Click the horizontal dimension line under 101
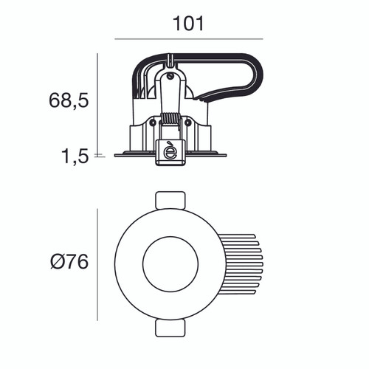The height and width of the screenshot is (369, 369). [x=188, y=39]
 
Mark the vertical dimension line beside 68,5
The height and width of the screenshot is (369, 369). [x=98, y=103]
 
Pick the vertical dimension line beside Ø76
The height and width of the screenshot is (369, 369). [x=98, y=263]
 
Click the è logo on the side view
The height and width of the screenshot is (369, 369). [x=170, y=151]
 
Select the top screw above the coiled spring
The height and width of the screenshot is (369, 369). [x=170, y=73]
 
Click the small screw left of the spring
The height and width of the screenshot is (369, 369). [x=153, y=123]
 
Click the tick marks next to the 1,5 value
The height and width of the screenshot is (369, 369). [x=100, y=156]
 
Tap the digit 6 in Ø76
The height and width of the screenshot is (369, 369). [x=81, y=262]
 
